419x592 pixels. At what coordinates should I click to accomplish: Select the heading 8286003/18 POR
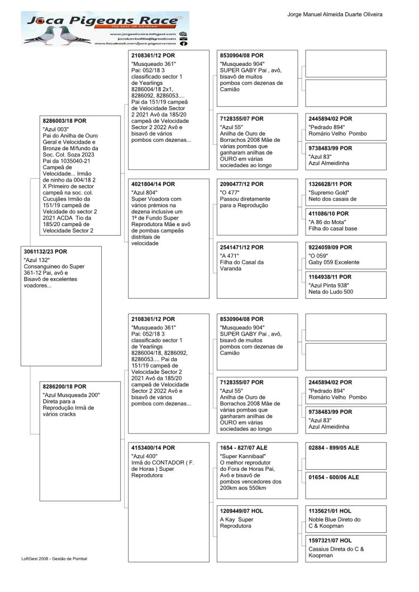pos(65,121)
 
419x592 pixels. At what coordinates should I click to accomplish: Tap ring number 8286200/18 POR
pos(65,386)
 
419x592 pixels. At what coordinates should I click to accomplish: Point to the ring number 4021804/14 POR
pos(153,184)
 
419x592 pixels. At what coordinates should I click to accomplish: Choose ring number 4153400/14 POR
pos(153,448)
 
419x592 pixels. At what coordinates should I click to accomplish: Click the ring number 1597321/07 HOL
pos(330,541)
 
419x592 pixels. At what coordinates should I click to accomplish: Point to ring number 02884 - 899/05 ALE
pos(334,448)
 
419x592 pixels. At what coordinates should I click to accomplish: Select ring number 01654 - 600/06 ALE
pos(334,478)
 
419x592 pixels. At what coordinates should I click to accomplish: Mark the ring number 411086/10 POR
pos(328,214)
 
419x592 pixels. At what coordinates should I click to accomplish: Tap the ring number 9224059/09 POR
pos(330,247)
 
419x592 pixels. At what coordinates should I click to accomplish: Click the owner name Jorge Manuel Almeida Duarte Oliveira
pos(335,14)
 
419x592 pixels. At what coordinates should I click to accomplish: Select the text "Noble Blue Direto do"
pos(335,519)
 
